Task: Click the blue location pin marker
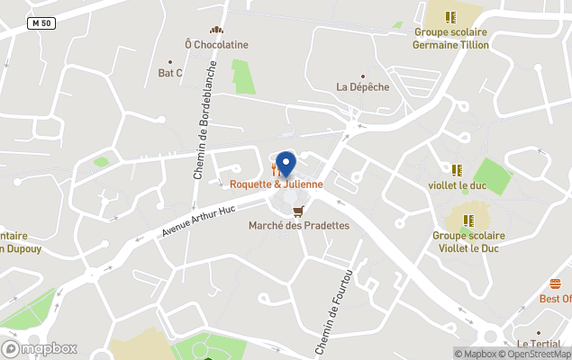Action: click(286, 164)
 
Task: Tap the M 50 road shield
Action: click(41, 22)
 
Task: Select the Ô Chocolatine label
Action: click(216, 44)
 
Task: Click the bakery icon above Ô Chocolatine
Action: click(216, 30)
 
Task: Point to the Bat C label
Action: click(170, 73)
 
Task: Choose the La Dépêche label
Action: click(363, 86)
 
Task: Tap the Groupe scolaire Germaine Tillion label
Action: click(450, 39)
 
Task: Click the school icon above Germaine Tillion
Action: click(450, 16)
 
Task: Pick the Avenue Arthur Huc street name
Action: click(197, 220)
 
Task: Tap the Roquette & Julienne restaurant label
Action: click(276, 184)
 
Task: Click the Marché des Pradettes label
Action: click(299, 225)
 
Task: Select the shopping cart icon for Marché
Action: click(299, 211)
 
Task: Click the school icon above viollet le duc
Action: click(457, 169)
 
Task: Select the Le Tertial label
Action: click(540, 344)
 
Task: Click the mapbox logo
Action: click(40, 348)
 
